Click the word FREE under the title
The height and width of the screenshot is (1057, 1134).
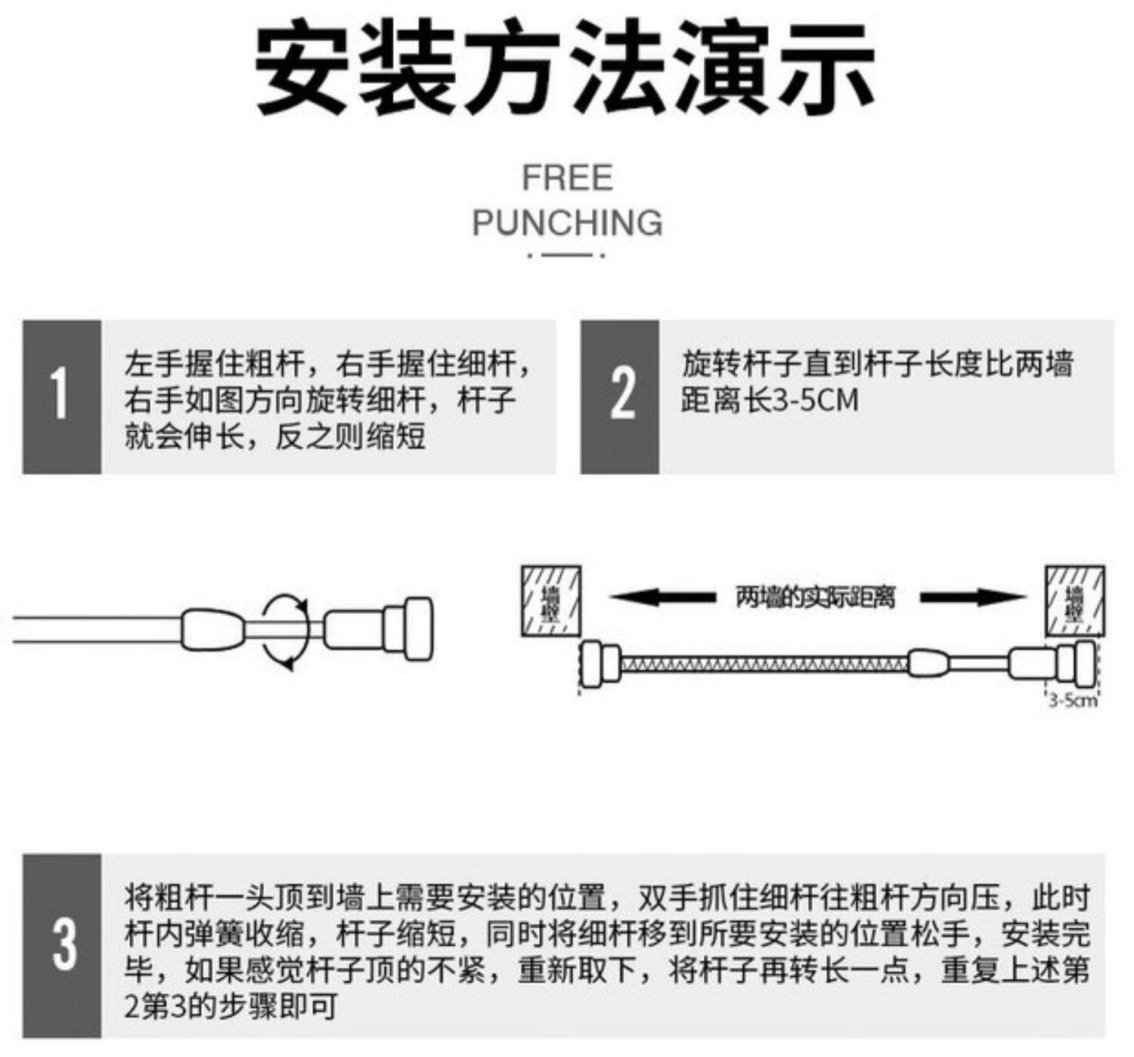pyautogui.click(x=567, y=178)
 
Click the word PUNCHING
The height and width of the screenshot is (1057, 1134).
pyautogui.click(x=567, y=223)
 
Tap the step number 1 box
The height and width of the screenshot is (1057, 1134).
pyautogui.click(x=61, y=397)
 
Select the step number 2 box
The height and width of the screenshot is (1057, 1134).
pyautogui.click(x=620, y=397)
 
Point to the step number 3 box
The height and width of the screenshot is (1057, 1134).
pyautogui.click(x=61, y=945)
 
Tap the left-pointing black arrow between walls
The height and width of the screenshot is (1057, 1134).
pyautogui.click(x=662, y=597)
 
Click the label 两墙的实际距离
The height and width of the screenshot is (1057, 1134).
pyautogui.click(x=815, y=597)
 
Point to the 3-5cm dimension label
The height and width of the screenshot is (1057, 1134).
pyautogui.click(x=1072, y=700)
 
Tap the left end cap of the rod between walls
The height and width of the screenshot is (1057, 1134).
pyautogui.click(x=600, y=665)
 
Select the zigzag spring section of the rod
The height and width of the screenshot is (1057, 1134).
pyautogui.click(x=764, y=665)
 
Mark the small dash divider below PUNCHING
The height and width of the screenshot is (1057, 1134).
pyautogui.click(x=566, y=256)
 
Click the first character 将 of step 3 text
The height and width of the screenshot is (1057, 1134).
pyautogui.click(x=139, y=898)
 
